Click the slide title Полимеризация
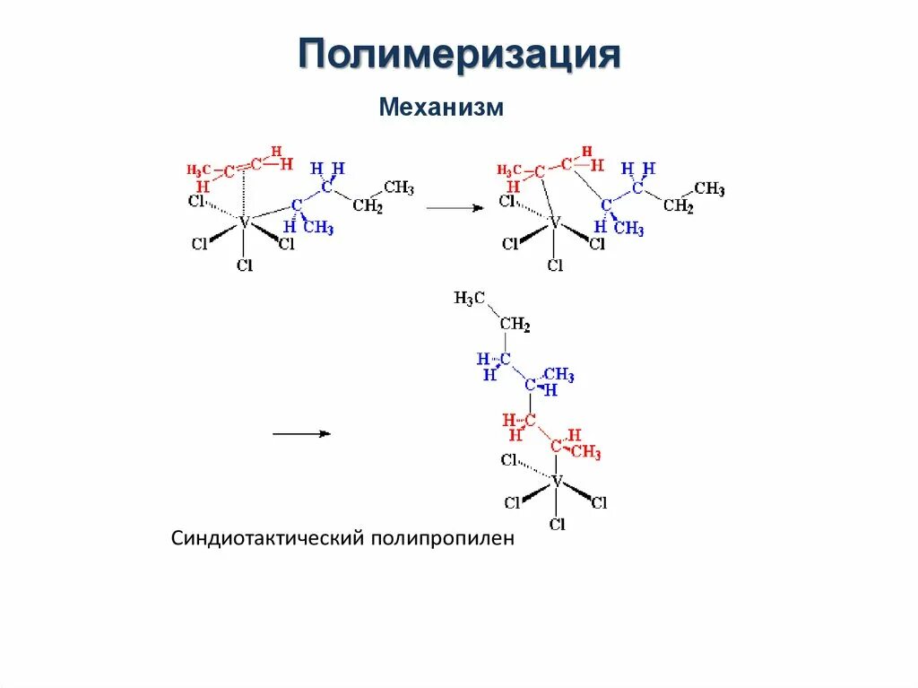pyautogui.click(x=459, y=55)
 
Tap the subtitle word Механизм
pyautogui.click(x=441, y=108)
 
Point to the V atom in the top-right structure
pyautogui.click(x=554, y=222)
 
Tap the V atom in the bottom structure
pyautogui.click(x=557, y=482)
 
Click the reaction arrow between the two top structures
pyautogui.click(x=455, y=207)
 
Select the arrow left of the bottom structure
pyautogui.click(x=301, y=434)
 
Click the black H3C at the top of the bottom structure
pyautogui.click(x=470, y=299)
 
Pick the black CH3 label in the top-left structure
pyautogui.click(x=399, y=187)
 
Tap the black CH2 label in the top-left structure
pyautogui.click(x=368, y=207)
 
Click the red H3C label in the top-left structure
pyautogui.click(x=198, y=170)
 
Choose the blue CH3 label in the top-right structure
pyautogui.click(x=629, y=229)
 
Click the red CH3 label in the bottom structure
pyautogui.click(x=585, y=452)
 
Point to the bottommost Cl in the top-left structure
pyautogui.click(x=245, y=265)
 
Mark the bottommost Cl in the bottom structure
pyautogui.click(x=558, y=524)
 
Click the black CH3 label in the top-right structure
pyautogui.click(x=710, y=188)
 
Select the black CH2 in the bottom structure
pyautogui.click(x=515, y=324)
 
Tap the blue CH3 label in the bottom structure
pyautogui.click(x=559, y=375)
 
